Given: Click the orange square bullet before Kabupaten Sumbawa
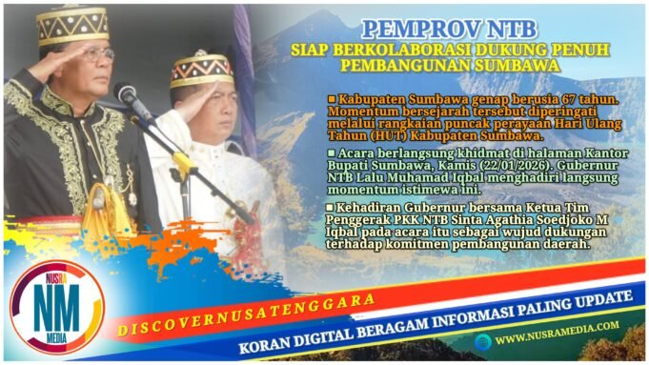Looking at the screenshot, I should click(x=332, y=99).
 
